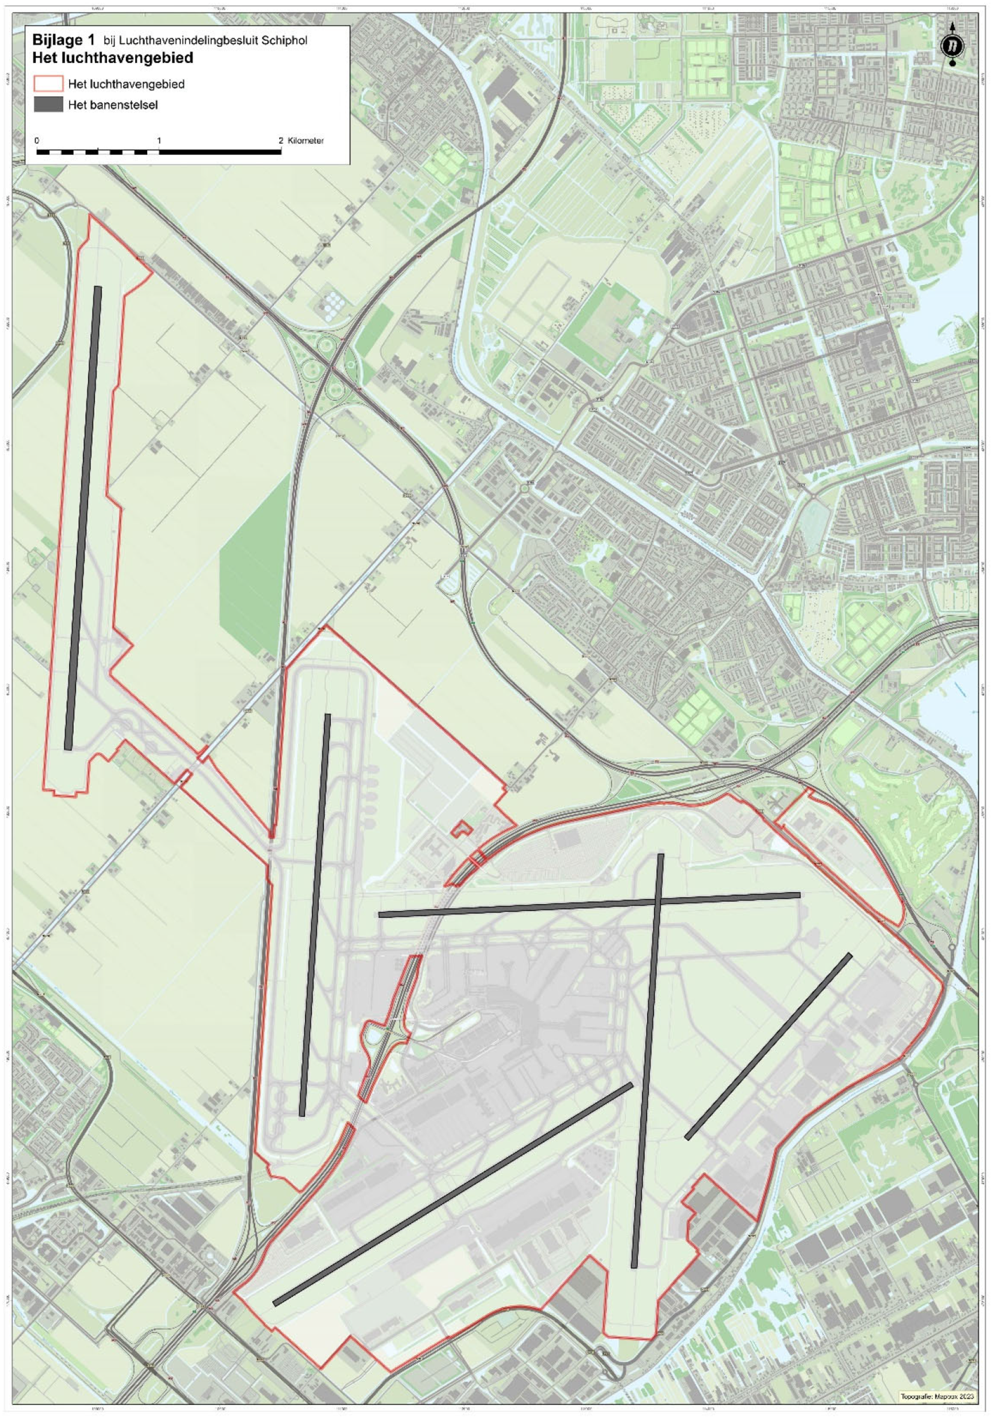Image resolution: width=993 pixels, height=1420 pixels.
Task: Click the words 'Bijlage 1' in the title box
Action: tap(64, 41)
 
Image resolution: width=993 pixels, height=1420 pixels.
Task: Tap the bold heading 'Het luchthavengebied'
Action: tap(112, 58)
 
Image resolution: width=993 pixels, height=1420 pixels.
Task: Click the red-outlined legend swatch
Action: tap(48, 83)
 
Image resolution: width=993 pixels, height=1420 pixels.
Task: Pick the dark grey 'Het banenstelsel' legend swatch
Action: tap(48, 105)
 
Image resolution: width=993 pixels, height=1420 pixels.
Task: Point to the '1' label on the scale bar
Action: tap(159, 141)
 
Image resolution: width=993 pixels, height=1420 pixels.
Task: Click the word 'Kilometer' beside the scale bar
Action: tap(306, 141)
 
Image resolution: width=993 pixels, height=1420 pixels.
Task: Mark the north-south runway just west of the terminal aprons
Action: tap(315, 915)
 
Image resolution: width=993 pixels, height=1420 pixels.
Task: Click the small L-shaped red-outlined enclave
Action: tap(461, 830)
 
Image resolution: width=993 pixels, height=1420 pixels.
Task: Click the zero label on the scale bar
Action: tap(37, 141)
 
